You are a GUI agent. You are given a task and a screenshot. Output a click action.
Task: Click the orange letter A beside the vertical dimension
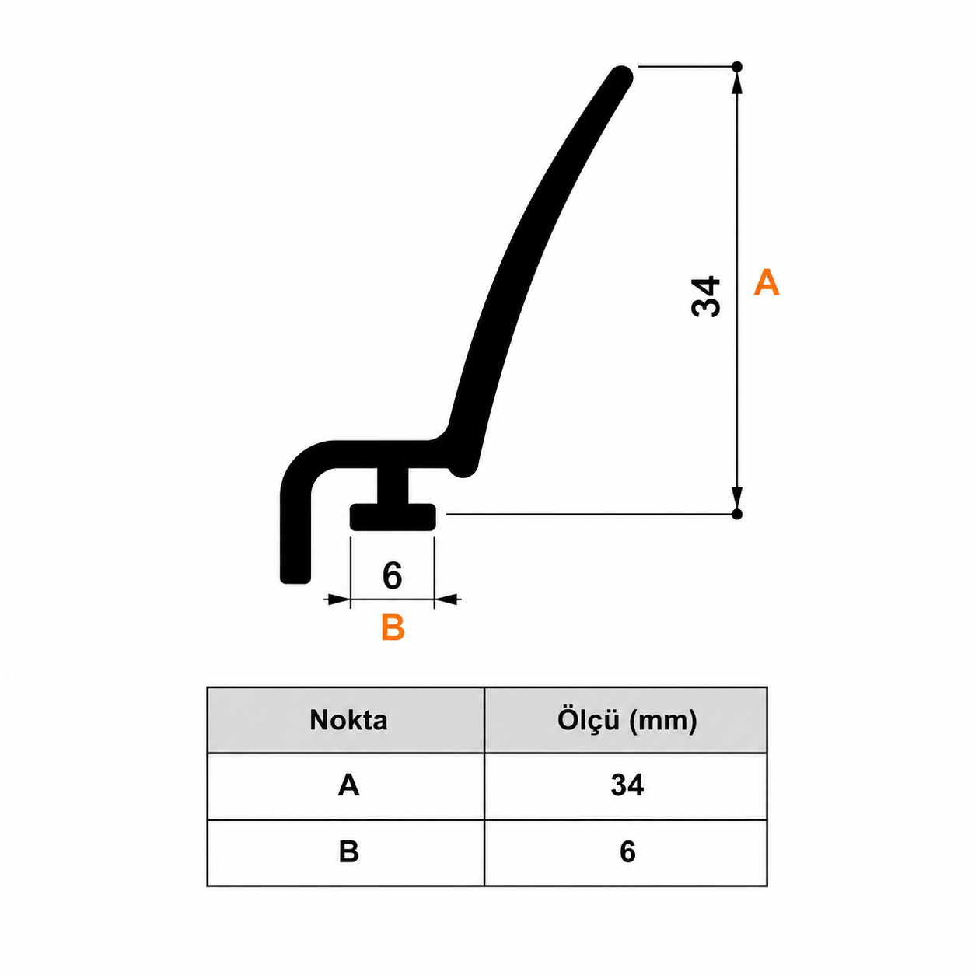(766, 283)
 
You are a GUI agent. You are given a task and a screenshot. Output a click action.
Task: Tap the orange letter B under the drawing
(393, 627)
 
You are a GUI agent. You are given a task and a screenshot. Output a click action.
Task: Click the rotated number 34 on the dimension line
(706, 296)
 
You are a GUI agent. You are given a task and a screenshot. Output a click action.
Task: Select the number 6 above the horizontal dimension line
(392, 575)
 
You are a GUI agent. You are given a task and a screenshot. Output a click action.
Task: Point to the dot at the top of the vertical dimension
(737, 66)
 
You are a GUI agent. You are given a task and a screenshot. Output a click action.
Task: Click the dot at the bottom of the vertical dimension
(737, 514)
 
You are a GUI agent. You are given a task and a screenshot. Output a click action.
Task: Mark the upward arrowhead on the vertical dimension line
(737, 82)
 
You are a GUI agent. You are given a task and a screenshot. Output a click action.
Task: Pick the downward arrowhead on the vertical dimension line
(737, 498)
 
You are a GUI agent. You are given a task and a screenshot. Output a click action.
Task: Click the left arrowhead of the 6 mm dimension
(337, 599)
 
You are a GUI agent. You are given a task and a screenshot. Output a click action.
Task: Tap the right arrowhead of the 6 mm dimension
(447, 599)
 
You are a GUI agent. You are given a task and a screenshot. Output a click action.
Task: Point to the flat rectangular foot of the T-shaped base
(393, 517)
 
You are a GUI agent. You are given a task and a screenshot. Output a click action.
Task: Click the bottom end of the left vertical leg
(295, 578)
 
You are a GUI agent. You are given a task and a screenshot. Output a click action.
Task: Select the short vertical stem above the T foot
(393, 484)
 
